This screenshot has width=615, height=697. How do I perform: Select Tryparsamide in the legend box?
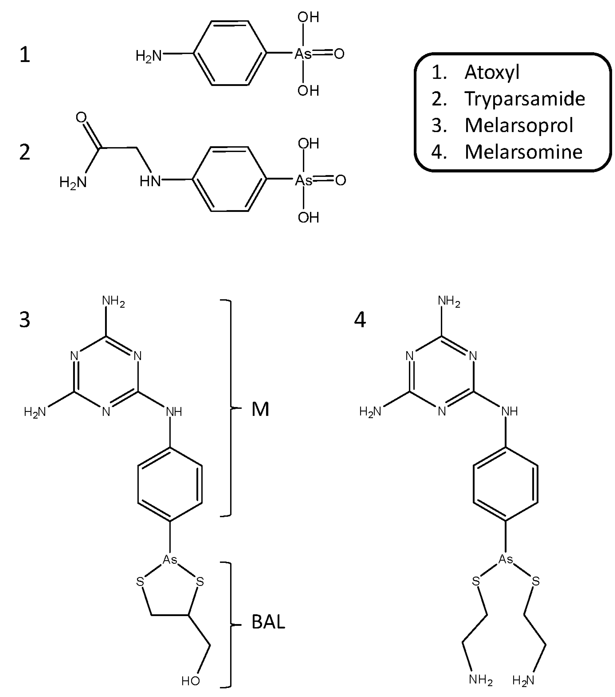tap(525, 99)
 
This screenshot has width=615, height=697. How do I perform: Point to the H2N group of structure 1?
tap(148, 56)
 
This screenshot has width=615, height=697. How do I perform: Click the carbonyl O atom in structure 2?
tap(81, 117)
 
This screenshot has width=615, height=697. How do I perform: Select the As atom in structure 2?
tap(303, 180)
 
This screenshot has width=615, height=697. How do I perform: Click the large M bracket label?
tap(260, 409)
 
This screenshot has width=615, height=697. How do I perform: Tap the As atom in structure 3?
tap(170, 559)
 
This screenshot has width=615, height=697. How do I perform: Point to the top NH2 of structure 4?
tap(449, 301)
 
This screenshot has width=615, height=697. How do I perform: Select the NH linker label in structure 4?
tap(510, 411)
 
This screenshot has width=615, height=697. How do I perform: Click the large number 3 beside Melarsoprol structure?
tap(24, 320)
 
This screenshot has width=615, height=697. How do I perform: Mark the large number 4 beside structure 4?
tap(360, 320)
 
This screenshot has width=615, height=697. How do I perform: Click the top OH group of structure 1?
tap(308, 17)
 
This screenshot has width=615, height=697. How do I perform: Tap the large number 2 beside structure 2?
tap(24, 152)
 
